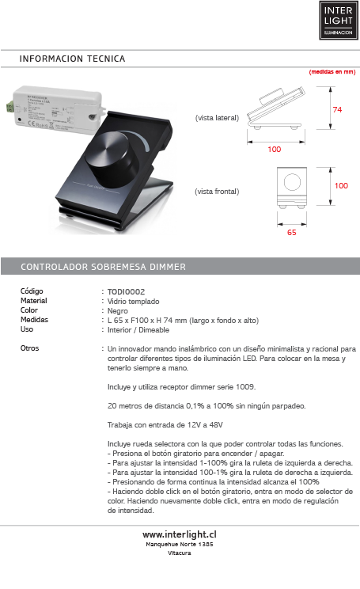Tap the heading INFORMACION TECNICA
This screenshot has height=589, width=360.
(x=73, y=59)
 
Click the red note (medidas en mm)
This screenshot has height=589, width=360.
(x=332, y=71)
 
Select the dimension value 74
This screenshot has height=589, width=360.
(x=337, y=109)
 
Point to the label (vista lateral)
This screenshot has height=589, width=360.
(x=217, y=117)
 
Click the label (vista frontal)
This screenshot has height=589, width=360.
(x=217, y=192)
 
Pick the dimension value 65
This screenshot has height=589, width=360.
(x=291, y=234)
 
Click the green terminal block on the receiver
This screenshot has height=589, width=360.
(x=9, y=104)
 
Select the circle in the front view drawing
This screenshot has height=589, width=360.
(x=291, y=182)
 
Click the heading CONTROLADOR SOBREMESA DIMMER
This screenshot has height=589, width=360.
(x=103, y=267)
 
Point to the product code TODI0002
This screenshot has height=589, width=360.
(x=126, y=291)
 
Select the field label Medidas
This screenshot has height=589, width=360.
(x=34, y=320)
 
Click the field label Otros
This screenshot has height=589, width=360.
(x=29, y=348)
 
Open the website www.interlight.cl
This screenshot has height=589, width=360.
(x=180, y=535)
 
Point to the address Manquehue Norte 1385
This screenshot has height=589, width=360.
(x=180, y=545)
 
